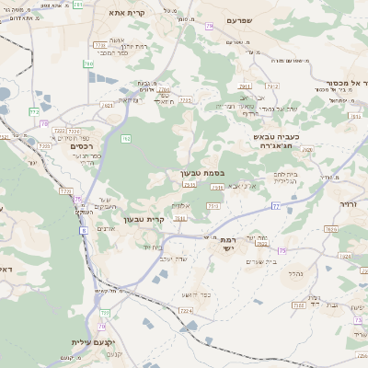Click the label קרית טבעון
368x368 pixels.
pos(168,219)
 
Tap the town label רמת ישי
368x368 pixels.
pos(227,243)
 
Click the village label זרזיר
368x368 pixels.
pos(351,204)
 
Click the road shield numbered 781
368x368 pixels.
pos(77,5)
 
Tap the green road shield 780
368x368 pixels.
pos(88,63)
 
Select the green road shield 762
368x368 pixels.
pos(126,139)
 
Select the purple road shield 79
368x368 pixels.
pos(209,26)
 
